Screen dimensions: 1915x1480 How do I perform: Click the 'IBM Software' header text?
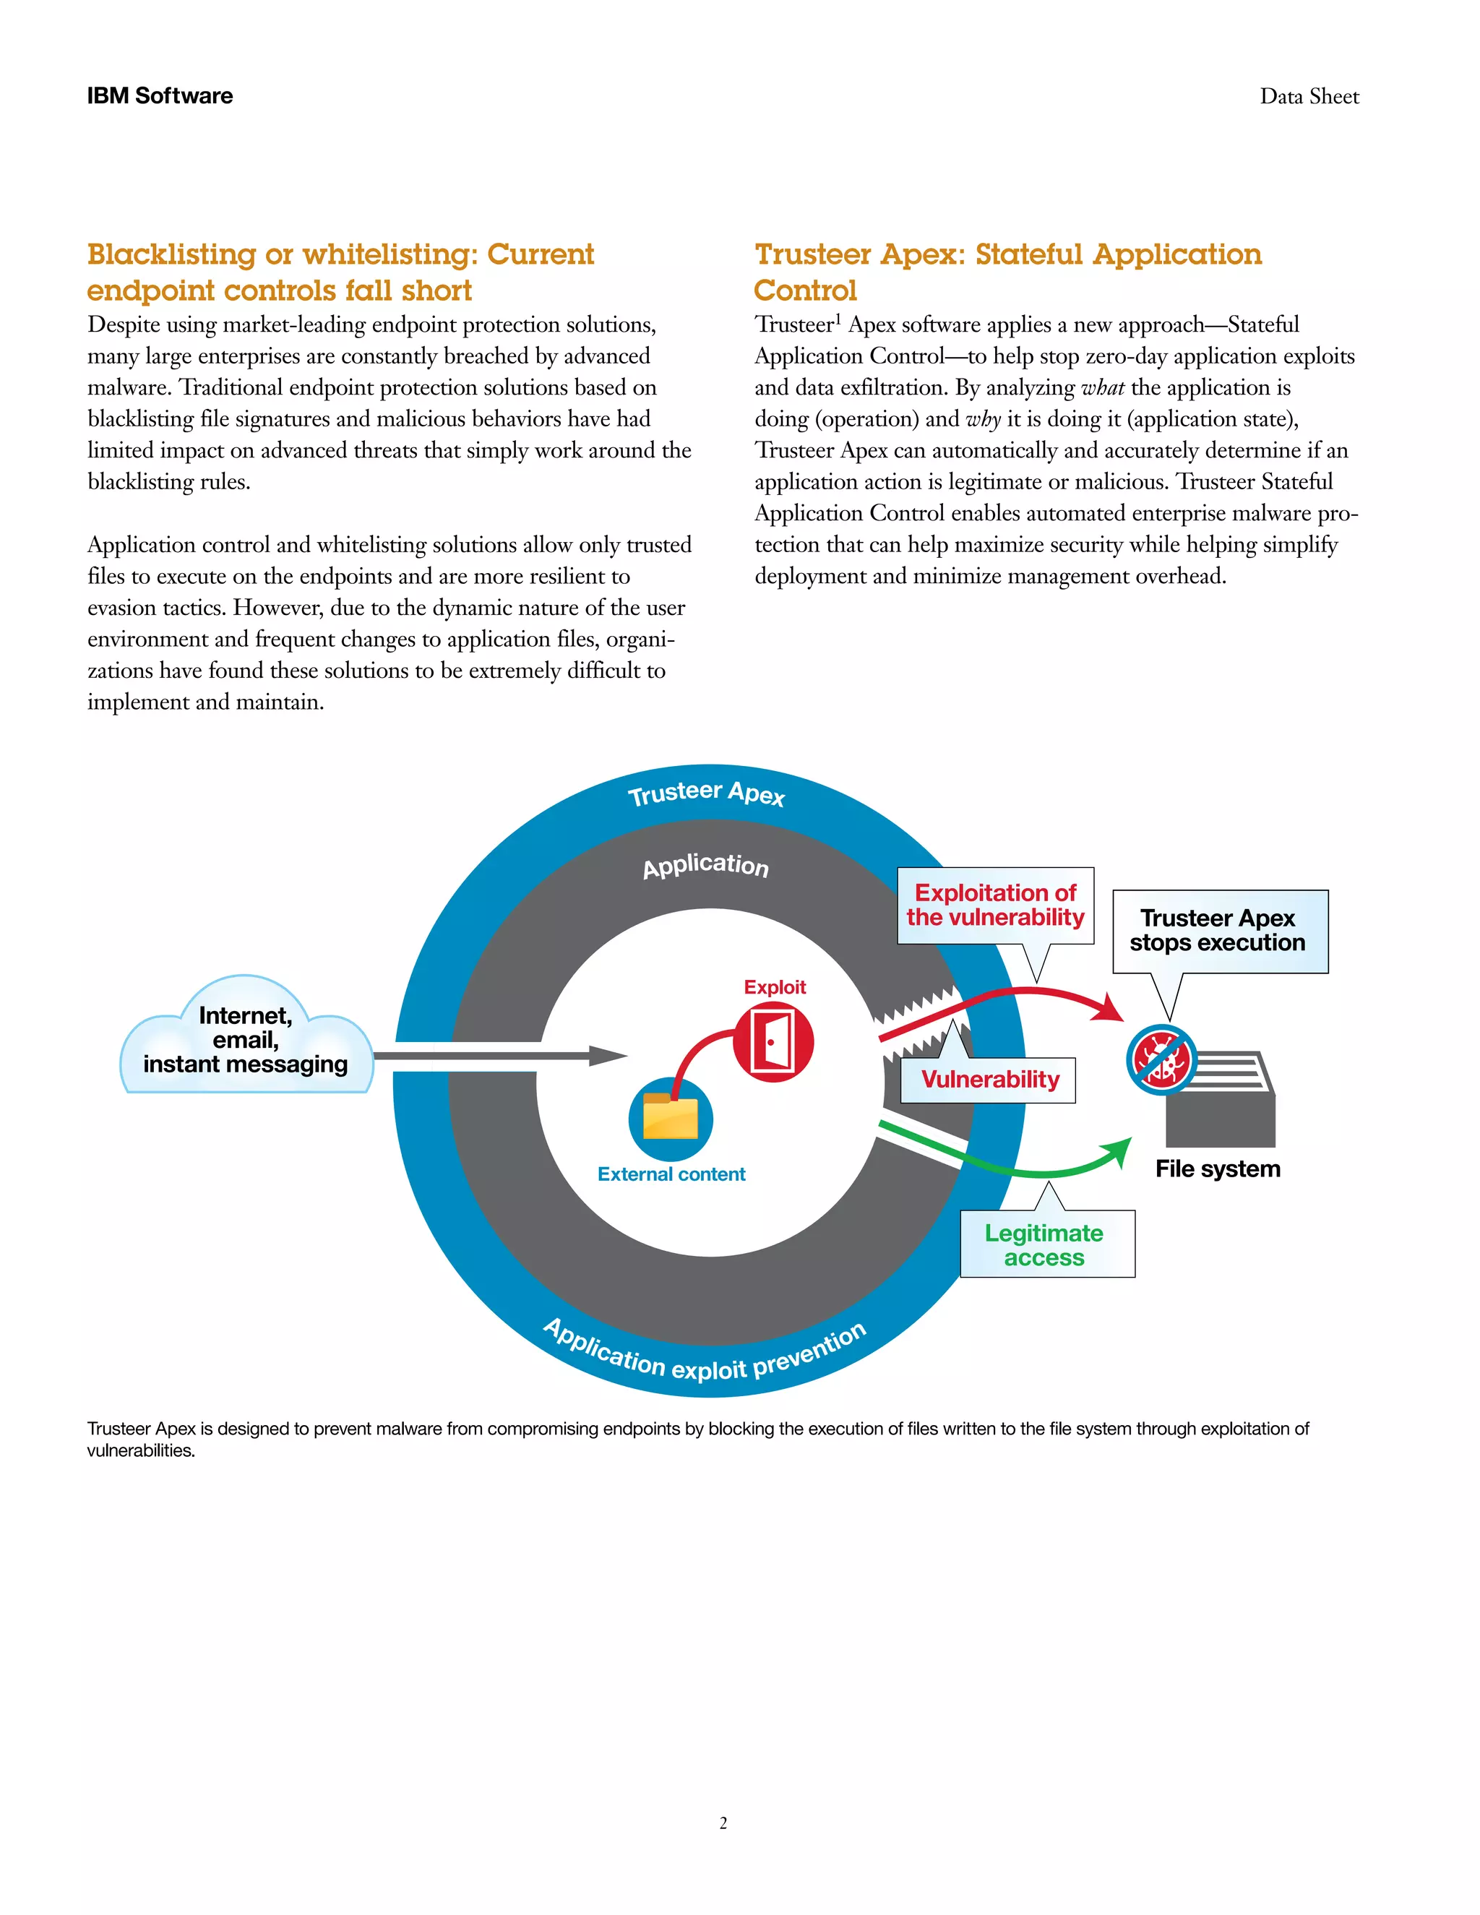pos(160,95)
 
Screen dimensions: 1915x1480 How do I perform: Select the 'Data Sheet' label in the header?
pos(1309,96)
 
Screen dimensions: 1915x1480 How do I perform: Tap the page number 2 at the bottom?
pos(723,1823)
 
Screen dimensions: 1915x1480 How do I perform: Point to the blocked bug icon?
pos(1161,1059)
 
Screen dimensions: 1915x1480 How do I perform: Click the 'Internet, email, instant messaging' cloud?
pos(246,1040)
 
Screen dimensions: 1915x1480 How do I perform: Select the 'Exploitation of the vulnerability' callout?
pos(995,905)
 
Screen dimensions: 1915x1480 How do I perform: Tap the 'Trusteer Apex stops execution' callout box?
pos(1220,930)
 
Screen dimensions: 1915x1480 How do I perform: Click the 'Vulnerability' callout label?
pos(989,1080)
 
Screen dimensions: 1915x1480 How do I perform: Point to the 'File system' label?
pos(1217,1169)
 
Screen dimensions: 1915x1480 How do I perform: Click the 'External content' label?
pos(671,1174)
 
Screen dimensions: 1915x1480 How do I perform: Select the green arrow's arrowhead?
pos(1119,1151)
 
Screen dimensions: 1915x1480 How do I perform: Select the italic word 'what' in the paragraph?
pos(1103,387)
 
